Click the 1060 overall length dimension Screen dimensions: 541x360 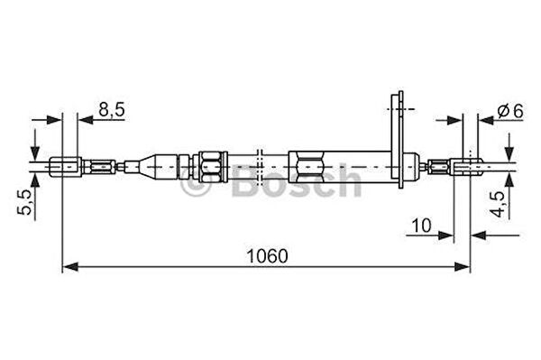267,256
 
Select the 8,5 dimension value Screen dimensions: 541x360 112,110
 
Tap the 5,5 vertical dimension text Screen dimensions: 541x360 25,202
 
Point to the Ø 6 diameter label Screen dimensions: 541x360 510,111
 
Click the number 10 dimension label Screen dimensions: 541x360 422,226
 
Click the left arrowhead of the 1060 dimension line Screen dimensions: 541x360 71,266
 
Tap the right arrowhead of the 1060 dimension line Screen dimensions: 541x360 462,266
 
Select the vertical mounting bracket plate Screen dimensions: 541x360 398,140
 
